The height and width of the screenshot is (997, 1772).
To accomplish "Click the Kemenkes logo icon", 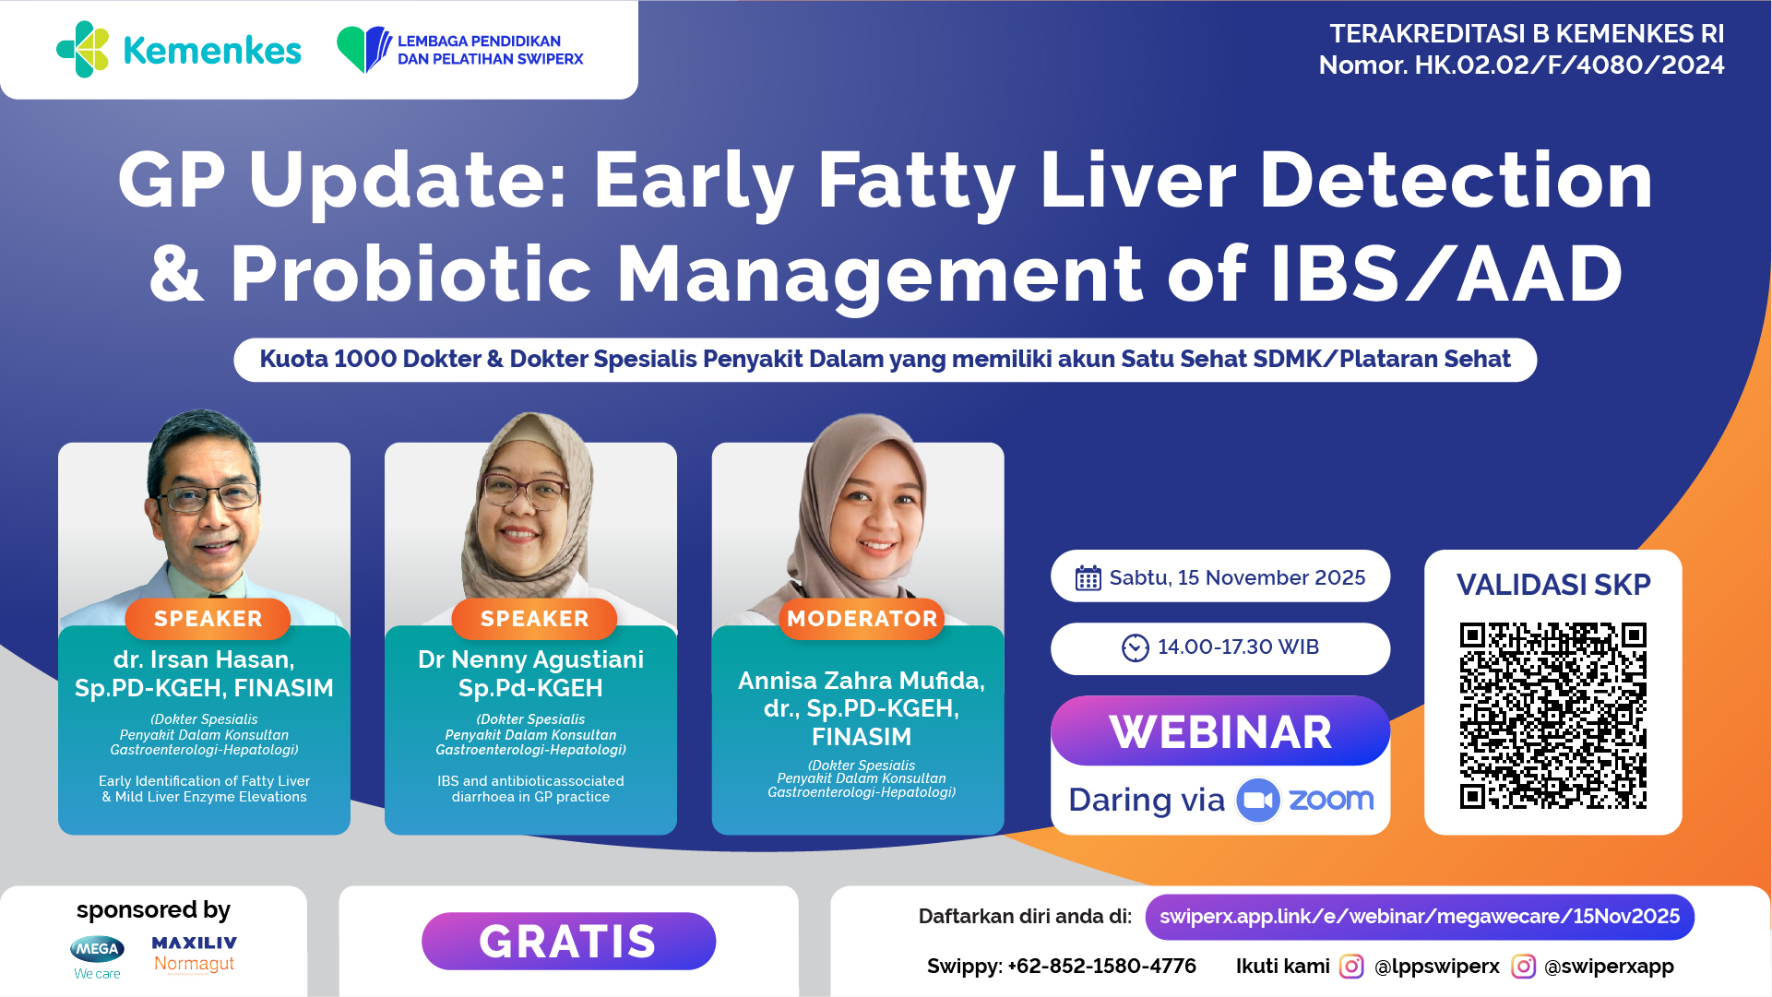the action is coord(83,49).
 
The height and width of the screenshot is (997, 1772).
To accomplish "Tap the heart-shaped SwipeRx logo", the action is coord(364,49).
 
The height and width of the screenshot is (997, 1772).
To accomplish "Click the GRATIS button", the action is coord(568,941).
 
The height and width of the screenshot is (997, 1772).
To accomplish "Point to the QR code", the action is coord(1552,716).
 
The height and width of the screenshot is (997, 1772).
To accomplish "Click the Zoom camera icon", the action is coord(1257,800).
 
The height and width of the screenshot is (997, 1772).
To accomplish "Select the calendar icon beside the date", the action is coord(1088,578).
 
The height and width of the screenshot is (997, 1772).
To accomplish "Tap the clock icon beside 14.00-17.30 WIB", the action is coord(1136,647).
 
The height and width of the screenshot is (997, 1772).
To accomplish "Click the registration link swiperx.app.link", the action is coord(1420,917).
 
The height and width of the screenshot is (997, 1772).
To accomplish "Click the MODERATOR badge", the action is coord(862,619).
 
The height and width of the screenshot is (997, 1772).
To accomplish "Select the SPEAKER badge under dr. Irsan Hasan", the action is coord(208,619).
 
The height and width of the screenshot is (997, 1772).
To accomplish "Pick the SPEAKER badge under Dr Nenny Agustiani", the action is coord(534,619).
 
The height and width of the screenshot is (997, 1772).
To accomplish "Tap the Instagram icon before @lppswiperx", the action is coord(1351,966).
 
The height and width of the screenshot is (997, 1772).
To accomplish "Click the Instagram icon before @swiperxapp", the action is coord(1524,966).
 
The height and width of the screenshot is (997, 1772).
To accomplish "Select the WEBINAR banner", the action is coord(1220,731).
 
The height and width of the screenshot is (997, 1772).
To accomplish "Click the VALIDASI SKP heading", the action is coord(1553,585).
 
